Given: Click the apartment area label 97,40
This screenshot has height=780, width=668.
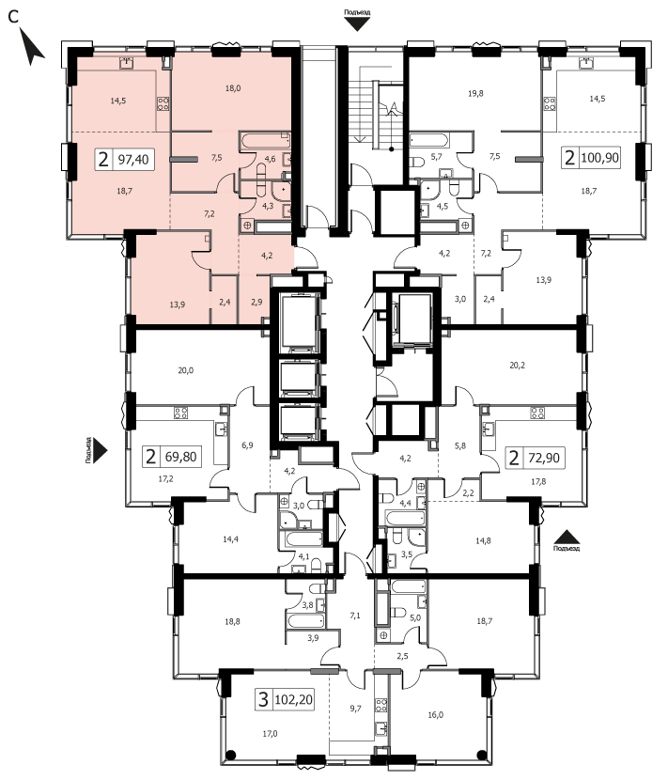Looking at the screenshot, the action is [x=133, y=160].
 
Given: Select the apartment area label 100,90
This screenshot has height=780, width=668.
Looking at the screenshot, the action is [x=599, y=158].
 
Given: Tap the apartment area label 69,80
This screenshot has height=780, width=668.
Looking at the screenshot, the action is [x=181, y=456].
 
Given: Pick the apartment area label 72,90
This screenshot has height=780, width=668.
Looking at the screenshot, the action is [x=544, y=457].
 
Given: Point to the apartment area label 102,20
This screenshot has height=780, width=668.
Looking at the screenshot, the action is [x=293, y=699].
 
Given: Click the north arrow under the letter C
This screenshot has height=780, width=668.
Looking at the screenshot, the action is [x=31, y=46].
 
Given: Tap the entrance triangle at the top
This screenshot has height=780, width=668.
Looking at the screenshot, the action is [x=357, y=24].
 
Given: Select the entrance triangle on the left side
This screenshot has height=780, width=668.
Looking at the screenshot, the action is [x=100, y=451].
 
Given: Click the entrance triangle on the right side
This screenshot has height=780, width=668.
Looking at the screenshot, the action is [x=567, y=537].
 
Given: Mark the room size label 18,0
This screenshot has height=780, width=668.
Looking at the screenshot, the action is [x=233, y=88].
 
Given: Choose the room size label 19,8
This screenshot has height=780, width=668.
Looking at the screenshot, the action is [x=475, y=93].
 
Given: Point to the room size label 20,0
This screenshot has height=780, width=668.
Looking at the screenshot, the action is [x=185, y=370].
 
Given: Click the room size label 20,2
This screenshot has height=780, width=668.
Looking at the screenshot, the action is [x=518, y=366].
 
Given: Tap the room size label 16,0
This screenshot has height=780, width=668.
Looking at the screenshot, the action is [x=435, y=715].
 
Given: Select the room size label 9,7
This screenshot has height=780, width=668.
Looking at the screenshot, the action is [x=355, y=709].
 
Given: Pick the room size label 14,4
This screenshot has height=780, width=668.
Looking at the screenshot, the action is [x=230, y=538].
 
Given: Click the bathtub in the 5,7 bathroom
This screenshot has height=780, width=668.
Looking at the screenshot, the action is [x=429, y=140].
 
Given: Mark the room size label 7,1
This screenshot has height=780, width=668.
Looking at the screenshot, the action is [x=354, y=616].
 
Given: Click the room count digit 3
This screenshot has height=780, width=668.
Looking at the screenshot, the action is [x=263, y=699].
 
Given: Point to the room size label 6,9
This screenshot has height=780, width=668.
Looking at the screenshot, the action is [x=247, y=445].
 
